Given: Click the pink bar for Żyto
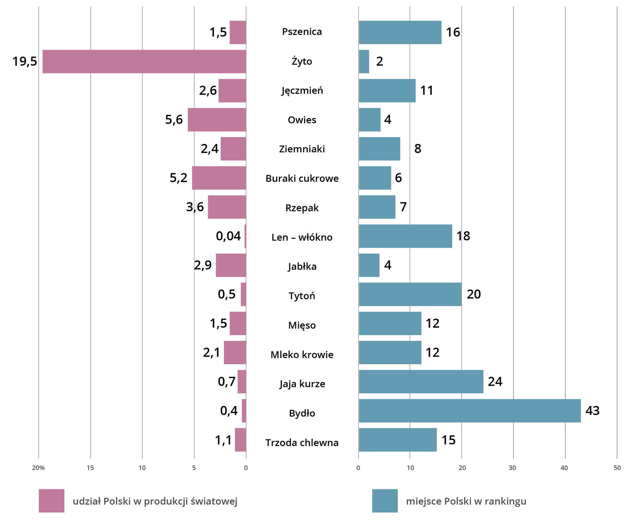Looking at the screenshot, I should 144,61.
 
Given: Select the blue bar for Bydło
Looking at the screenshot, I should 469,411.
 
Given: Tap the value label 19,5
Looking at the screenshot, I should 25,61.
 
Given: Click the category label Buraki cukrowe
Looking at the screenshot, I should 302,178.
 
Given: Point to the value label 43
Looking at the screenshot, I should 593,411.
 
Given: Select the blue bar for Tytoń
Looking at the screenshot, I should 410,294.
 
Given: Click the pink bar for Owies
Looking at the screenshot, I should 217,120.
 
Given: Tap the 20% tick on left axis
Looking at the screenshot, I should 38,468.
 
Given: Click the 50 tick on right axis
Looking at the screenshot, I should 617,468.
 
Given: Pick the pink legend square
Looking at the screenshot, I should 51,501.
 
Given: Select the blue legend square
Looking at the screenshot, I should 385,501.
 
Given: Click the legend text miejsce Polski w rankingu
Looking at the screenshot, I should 466,501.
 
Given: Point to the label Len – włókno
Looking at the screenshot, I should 302,237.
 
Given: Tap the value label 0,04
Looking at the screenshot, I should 228,236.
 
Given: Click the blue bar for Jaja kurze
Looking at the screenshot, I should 421,381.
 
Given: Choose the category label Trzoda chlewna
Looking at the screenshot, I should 302,443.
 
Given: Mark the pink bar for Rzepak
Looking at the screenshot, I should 227,207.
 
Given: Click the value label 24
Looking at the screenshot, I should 495,381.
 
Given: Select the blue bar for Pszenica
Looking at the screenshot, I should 400,32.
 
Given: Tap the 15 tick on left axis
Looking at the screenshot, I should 90,468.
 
